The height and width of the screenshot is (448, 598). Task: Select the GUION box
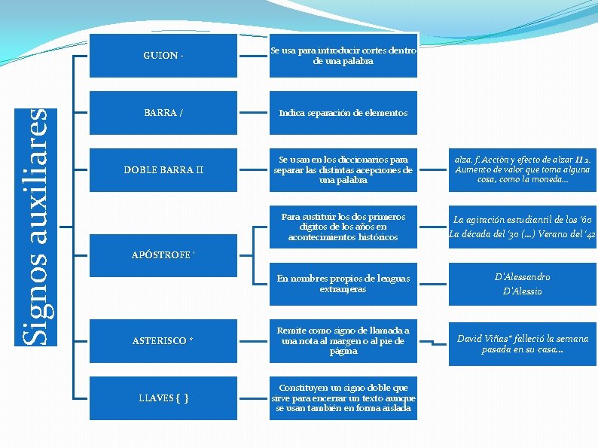pos(163,55)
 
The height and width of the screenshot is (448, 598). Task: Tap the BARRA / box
pos(163,113)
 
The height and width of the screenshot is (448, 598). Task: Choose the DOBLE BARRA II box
pos(163,169)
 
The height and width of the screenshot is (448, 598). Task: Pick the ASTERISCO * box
pos(163,341)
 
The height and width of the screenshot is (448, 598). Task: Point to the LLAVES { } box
pos(163,397)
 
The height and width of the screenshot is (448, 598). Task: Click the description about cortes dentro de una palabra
pos(343,55)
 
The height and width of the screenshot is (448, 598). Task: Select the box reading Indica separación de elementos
pos(343,113)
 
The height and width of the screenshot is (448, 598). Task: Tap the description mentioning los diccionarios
pos(343,169)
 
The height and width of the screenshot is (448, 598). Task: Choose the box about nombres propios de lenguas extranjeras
pos(343,284)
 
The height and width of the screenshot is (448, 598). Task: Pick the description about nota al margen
pos(343,341)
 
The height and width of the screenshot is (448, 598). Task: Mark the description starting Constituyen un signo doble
pos(343,397)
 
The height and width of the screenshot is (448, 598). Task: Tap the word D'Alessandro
pos(522,277)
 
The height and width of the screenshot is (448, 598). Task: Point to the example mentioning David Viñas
pos(522,344)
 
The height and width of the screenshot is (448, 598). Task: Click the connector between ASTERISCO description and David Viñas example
pos(432,343)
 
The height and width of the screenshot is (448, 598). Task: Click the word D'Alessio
pos(522,291)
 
